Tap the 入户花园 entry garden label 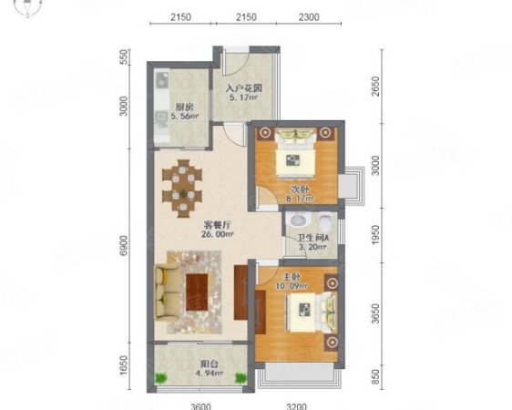click(244, 88)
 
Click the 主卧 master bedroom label click(292, 277)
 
